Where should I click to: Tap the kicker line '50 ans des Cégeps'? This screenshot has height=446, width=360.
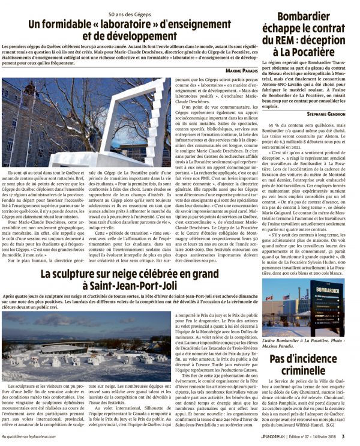pyautogui.click(x=130, y=13)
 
